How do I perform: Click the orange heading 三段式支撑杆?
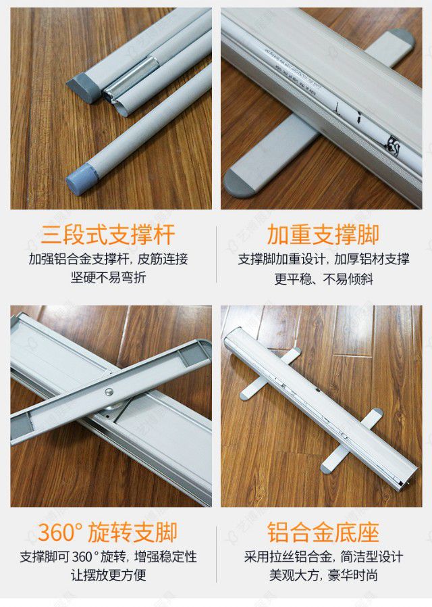click(x=108, y=235)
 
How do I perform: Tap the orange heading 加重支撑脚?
click(x=323, y=235)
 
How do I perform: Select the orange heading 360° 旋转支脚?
click(x=108, y=531)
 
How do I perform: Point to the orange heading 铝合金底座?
click(x=323, y=531)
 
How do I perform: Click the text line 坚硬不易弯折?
click(x=108, y=277)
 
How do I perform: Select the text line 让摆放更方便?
click(x=108, y=575)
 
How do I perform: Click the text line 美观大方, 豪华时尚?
click(x=323, y=575)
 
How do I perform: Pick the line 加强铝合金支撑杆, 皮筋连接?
click(x=108, y=259)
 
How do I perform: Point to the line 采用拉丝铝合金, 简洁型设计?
click(x=323, y=557)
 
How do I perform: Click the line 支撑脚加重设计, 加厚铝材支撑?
click(x=323, y=259)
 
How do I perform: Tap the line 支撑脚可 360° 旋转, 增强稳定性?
click(x=108, y=557)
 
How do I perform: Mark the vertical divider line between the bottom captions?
click(x=216, y=553)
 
